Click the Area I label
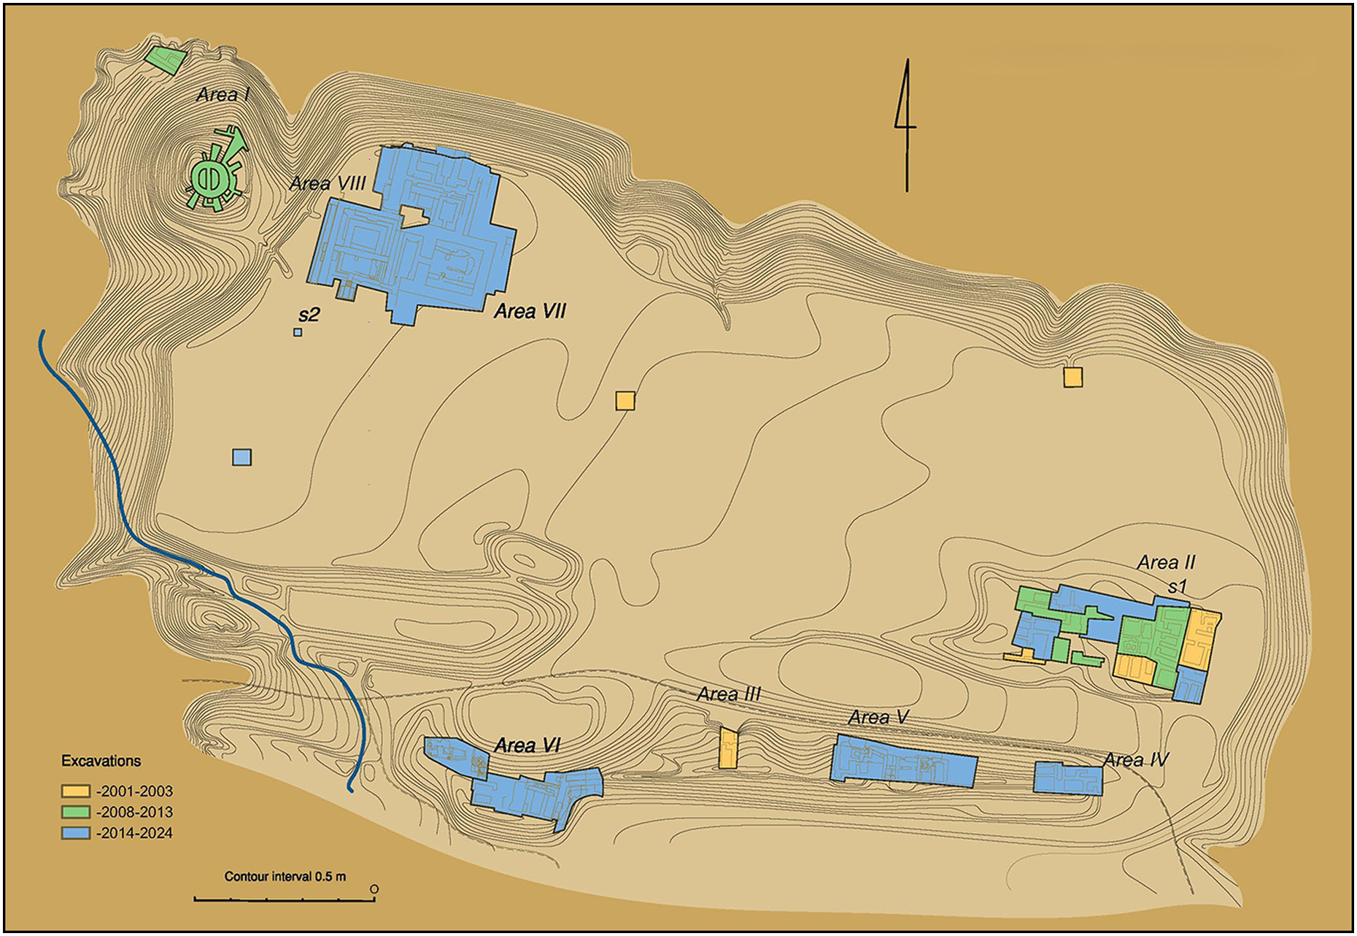[x=223, y=95]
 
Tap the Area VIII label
[x=327, y=184]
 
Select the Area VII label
[x=530, y=312]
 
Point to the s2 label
[x=309, y=315]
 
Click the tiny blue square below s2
[x=298, y=332]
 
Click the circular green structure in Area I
[x=209, y=177]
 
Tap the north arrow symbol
[x=905, y=124]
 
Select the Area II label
[x=1166, y=563]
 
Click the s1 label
[x=1177, y=586]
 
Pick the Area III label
[x=728, y=694]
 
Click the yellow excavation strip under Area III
[x=728, y=748]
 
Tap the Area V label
[x=878, y=718]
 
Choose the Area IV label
[x=1135, y=760]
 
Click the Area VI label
[x=527, y=745]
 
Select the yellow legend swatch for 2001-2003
[x=75, y=791]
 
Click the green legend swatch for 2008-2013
[x=75, y=812]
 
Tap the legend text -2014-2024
[x=134, y=833]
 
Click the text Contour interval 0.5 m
[x=285, y=876]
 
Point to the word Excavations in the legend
[x=101, y=761]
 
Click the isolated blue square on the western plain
[x=241, y=457]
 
